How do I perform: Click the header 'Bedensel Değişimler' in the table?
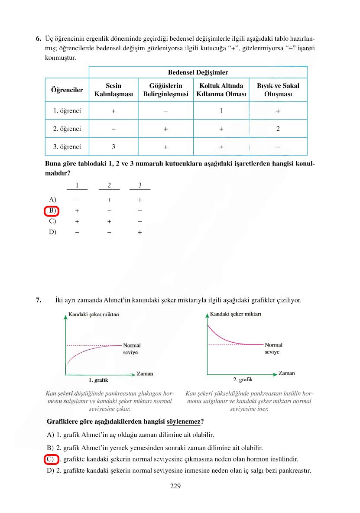point(198,72)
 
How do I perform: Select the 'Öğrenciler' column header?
point(67,90)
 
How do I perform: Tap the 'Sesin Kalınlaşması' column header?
point(113,90)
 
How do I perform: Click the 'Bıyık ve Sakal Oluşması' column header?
point(278,90)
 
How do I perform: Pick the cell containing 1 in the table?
point(221,111)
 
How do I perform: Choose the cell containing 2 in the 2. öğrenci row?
point(278,129)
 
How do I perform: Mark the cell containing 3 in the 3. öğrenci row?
point(113,147)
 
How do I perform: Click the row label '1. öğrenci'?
point(67,111)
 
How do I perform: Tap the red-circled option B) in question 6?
point(52,211)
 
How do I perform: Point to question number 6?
point(38,39)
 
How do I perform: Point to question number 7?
point(38,299)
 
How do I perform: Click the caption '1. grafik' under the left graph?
point(98,380)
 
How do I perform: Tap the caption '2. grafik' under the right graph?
point(243,380)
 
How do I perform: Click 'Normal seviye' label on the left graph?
point(132,349)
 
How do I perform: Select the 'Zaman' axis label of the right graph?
point(286,373)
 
